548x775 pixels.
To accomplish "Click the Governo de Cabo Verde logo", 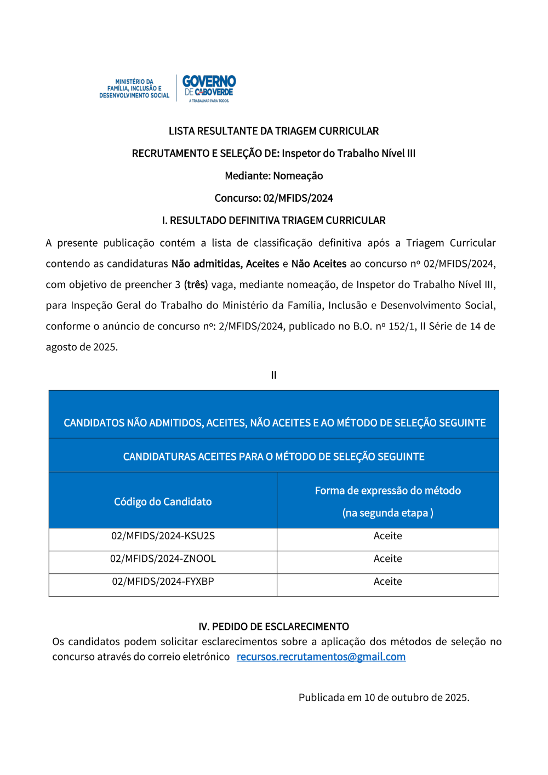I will [209, 88].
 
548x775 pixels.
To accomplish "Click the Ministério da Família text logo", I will [134, 88].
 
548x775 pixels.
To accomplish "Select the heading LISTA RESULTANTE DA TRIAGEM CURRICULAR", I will [273, 131].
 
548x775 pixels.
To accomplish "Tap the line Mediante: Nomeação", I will [273, 176].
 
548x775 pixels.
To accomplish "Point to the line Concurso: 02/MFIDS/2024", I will [273, 198].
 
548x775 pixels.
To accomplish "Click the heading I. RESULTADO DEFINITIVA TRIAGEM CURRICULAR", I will [273, 220].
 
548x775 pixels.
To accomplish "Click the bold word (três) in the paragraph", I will [196, 284].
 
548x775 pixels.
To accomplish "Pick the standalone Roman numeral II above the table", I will [273, 375].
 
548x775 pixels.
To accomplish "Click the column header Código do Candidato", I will [163, 502].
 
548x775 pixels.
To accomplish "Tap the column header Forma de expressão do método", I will [387, 491].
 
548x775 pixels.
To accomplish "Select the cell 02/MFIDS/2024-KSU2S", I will [163, 536].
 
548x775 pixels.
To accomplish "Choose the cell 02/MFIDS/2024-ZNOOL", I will [163, 559].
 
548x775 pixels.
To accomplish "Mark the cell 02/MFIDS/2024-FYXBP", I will [163, 582].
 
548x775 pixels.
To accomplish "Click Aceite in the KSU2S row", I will [387, 536].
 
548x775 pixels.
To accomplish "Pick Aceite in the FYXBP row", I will [387, 582].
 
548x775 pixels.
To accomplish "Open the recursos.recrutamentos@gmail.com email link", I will [321, 657].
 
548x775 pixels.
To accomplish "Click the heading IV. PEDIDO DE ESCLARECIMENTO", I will [273, 626].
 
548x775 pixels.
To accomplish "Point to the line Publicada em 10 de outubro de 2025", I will [384, 698].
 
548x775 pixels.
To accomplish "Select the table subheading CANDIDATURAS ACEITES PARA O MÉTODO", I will [273, 457].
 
